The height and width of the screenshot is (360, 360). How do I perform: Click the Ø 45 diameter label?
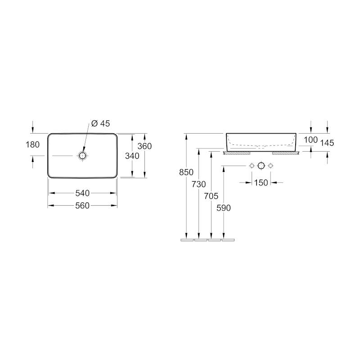pyautogui.click(x=100, y=123)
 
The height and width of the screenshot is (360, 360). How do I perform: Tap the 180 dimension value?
pyautogui.click(x=32, y=144)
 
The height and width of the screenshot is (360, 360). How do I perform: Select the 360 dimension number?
pyautogui.click(x=144, y=146)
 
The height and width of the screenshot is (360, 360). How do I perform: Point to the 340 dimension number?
pyautogui.click(x=132, y=156)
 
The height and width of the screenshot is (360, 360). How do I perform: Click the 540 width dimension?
pyautogui.click(x=82, y=193)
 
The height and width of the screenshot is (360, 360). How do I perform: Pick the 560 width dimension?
pyautogui.click(x=82, y=206)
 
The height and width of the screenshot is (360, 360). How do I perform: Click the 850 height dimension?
pyautogui.click(x=186, y=172)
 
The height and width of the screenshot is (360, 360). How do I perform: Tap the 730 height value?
pyautogui.click(x=199, y=184)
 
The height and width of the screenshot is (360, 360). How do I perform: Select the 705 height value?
pyautogui.click(x=211, y=196)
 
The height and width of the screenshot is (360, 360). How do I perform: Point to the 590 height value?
pyautogui.click(x=224, y=208)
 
